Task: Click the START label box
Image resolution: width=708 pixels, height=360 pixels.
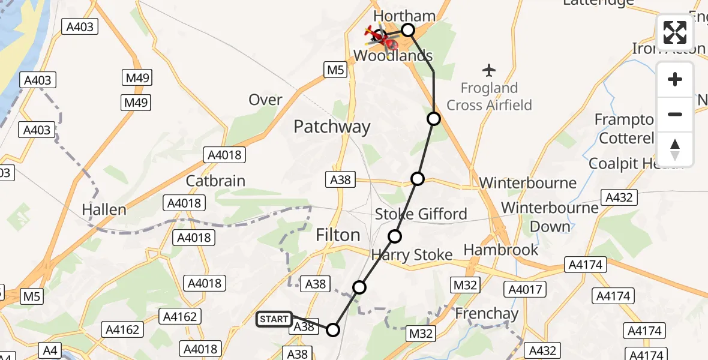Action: [x=274, y=319]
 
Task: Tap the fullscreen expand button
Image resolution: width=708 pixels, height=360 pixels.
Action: [x=675, y=32]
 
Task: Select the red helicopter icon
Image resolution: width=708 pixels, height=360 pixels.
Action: [x=382, y=39]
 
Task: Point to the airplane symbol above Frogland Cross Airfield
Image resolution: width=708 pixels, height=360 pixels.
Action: [x=490, y=70]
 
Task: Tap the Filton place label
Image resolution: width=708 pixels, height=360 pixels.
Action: [x=338, y=235]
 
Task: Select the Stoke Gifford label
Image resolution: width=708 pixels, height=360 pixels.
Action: [x=421, y=214]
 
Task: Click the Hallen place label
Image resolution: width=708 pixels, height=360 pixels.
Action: [x=104, y=209]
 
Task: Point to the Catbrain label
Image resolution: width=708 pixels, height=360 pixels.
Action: [x=215, y=181]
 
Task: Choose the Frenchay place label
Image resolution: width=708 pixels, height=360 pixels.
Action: [x=487, y=313]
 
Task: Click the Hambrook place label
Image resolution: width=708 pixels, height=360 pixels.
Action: [x=501, y=249]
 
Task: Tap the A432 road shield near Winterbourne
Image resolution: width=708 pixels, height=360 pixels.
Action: [x=620, y=198]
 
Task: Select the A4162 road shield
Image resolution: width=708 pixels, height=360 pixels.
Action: [x=124, y=329]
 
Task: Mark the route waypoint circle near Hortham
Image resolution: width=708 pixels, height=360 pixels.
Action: [x=408, y=29]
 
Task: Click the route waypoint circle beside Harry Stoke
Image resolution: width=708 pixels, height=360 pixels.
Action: [x=394, y=236]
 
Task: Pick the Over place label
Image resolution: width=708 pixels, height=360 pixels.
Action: [x=265, y=100]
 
